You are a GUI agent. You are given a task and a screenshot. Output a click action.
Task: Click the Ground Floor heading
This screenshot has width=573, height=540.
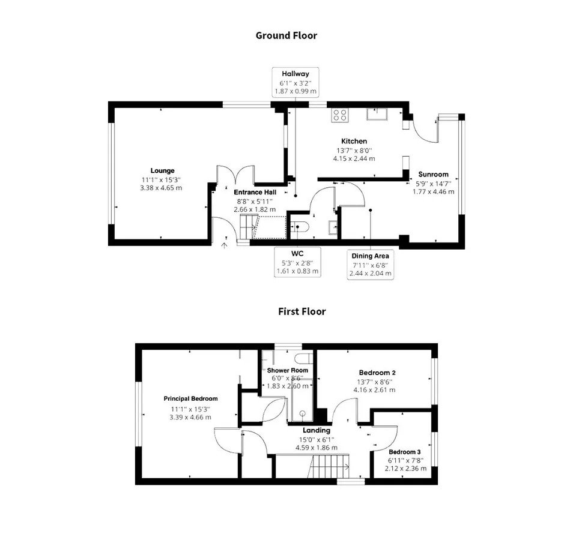click(x=286, y=36)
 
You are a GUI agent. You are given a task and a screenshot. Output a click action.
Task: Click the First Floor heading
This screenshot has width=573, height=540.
click(x=302, y=311)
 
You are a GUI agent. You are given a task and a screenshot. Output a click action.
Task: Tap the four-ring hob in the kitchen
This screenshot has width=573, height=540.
click(x=340, y=115)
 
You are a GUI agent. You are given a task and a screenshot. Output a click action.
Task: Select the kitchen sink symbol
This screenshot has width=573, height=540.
click(x=377, y=114)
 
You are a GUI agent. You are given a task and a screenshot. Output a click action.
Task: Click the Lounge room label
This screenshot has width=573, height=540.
click(x=162, y=170)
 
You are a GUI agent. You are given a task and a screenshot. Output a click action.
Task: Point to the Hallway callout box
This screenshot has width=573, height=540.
click(x=296, y=82)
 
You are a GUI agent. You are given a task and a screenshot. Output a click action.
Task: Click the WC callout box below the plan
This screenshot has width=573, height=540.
click(x=297, y=262)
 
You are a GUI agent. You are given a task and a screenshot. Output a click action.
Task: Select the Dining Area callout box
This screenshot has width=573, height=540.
click(x=370, y=265)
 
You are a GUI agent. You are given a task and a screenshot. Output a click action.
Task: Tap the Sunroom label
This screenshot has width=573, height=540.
click(x=434, y=174)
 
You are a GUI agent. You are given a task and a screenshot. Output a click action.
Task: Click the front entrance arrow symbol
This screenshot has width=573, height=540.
click(x=225, y=245)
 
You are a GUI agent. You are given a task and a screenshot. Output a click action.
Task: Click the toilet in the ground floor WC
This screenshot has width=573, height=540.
click(x=300, y=227)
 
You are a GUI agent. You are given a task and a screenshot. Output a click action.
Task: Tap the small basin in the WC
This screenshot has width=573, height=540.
click(x=333, y=227)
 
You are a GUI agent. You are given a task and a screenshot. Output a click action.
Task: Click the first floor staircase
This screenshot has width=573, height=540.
click(x=330, y=466)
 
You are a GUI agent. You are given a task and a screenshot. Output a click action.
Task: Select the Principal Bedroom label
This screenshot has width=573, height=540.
click(x=190, y=399)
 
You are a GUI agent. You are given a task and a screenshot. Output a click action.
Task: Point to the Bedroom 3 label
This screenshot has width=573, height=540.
click(x=405, y=452)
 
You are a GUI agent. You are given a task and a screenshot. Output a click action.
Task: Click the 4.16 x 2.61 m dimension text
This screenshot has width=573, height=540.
click(x=374, y=390)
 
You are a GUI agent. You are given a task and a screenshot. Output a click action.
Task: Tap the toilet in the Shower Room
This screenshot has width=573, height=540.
click(x=304, y=359)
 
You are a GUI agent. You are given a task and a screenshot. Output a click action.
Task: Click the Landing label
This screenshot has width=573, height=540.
click(x=317, y=430)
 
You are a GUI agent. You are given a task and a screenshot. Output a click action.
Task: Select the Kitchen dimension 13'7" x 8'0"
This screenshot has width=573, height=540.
click(x=354, y=150)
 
